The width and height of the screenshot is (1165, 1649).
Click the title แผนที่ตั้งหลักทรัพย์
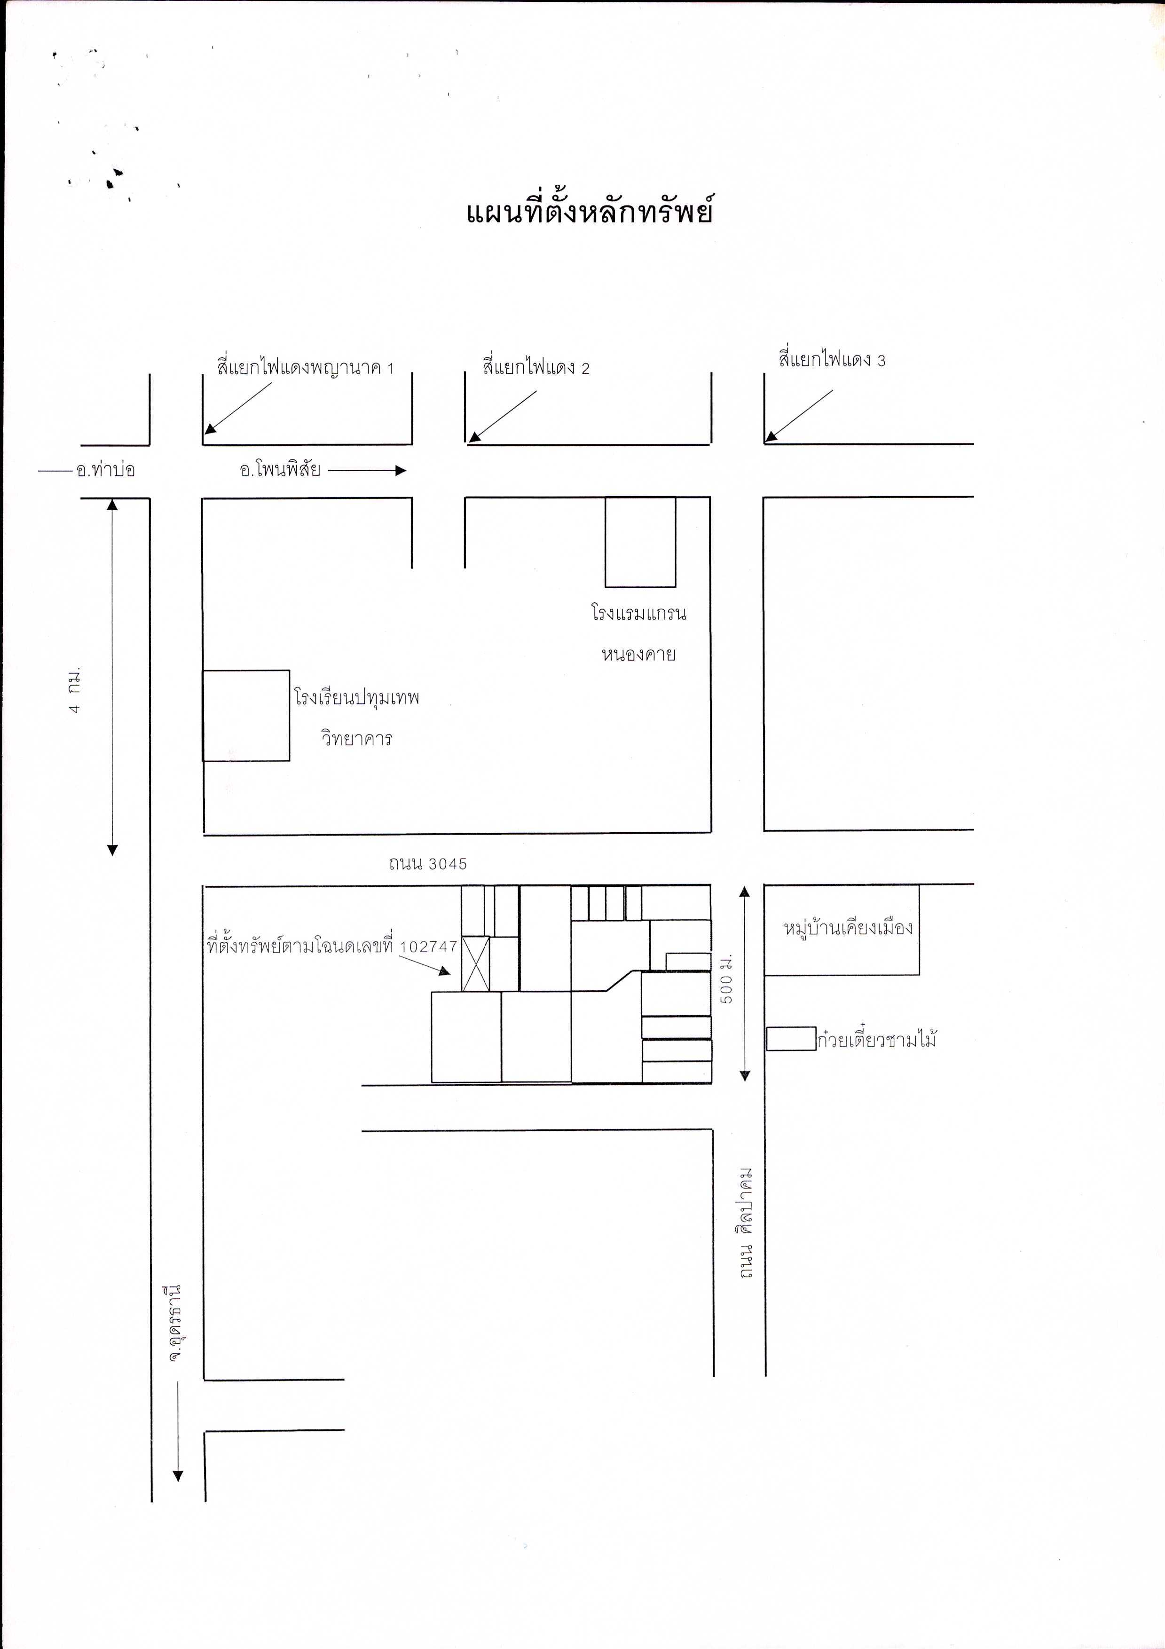[x=589, y=212]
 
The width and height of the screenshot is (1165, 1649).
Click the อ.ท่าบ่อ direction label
[x=106, y=470]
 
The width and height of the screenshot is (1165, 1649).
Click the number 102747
[x=429, y=947]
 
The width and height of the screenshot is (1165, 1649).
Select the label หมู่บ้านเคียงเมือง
[x=848, y=927]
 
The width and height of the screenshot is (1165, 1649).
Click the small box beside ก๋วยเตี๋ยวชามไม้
[x=791, y=1039]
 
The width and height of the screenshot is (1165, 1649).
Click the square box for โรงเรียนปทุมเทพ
[x=245, y=715]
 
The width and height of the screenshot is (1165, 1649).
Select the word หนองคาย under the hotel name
[x=638, y=654]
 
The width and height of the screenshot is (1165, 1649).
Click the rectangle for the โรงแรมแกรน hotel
[x=640, y=542]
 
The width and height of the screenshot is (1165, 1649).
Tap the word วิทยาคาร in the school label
[x=356, y=738]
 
